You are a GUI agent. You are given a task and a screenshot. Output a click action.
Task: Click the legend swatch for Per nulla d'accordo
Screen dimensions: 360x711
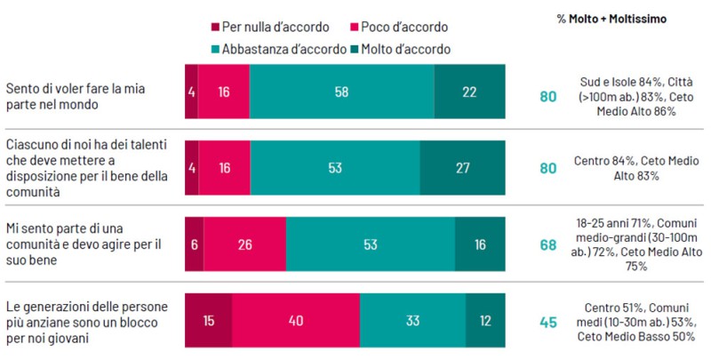[215, 28]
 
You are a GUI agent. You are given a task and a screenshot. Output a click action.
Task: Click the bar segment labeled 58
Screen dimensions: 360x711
[342, 92]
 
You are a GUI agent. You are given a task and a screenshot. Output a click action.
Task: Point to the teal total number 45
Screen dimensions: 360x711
[547, 322]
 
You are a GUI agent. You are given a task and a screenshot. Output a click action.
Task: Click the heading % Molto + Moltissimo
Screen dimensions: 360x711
[615, 19]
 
